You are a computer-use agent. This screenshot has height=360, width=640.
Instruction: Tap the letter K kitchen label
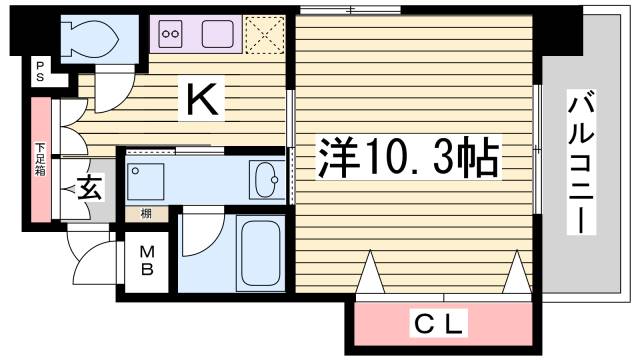tap(199, 97)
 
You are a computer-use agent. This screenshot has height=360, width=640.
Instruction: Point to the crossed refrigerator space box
tap(269, 34)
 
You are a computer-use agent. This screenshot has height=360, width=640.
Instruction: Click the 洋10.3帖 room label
tap(410, 156)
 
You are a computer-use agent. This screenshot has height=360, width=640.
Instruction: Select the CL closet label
tap(440, 324)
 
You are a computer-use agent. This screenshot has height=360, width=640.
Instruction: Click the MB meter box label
tap(146, 261)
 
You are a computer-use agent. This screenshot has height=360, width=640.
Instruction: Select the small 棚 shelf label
tap(146, 213)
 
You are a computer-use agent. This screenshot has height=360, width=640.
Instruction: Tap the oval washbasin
tap(268, 180)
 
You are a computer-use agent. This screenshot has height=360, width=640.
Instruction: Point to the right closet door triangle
tap(516, 271)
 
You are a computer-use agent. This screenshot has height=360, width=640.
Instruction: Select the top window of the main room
tap(349, 9)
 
